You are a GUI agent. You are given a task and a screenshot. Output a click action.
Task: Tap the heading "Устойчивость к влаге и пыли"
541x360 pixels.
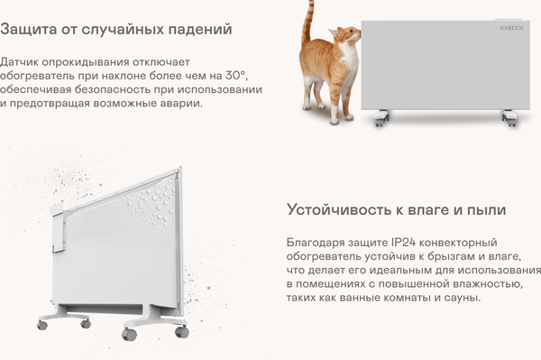click(x=396, y=209)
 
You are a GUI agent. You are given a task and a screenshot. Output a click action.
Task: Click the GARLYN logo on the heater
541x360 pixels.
click(x=512, y=30)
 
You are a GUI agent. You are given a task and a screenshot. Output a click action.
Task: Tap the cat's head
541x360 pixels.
click(x=346, y=39)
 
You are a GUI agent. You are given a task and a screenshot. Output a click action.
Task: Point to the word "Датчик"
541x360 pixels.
click(x=22, y=62)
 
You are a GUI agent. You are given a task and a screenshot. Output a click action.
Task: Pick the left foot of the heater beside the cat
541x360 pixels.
click(x=381, y=116)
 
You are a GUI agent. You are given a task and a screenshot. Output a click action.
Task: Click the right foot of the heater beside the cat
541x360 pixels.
click(x=509, y=117)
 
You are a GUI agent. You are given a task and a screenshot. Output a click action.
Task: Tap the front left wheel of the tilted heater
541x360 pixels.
click(x=41, y=322)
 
